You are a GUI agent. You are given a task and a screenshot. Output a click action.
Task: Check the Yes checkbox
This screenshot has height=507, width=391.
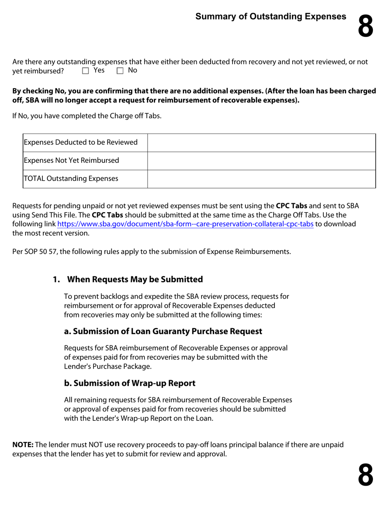click(86, 71)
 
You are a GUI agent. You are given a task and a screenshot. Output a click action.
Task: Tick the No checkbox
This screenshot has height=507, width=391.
click(120, 71)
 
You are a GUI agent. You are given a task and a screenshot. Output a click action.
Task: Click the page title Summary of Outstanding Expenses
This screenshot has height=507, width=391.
click(270, 16)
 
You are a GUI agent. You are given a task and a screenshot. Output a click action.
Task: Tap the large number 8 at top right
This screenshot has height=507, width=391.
click(365, 26)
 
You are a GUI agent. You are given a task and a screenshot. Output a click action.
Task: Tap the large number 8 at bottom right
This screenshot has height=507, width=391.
click(365, 475)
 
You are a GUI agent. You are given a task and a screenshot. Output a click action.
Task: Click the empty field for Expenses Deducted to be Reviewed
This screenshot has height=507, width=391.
click(261, 143)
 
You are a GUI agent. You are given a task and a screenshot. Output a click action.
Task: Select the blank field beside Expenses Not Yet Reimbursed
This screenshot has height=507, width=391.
click(261, 161)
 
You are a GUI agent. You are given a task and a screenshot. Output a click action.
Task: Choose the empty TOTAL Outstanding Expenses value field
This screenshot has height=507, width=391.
click(261, 179)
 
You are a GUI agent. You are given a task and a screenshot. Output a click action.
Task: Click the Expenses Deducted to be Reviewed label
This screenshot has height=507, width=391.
click(81, 143)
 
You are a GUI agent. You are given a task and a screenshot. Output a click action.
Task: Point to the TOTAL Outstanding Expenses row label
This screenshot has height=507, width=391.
click(71, 179)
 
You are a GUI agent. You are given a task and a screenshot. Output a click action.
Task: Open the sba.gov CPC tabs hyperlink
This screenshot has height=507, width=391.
click(185, 224)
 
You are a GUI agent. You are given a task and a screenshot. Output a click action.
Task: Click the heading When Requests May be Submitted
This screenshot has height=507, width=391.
click(135, 279)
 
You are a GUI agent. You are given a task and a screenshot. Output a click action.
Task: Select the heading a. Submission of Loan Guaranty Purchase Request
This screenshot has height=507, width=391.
click(163, 331)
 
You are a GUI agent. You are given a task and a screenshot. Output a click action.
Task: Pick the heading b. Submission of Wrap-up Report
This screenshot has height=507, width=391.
click(130, 383)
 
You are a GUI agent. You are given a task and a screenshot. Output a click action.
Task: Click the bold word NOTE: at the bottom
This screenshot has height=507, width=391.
click(23, 445)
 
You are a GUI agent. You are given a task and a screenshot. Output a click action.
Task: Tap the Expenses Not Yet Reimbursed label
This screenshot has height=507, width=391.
click(72, 161)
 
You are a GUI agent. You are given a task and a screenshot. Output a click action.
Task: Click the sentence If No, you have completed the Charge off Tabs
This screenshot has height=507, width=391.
click(87, 116)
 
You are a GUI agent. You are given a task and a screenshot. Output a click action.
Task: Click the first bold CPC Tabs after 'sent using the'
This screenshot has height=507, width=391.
click(291, 206)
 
